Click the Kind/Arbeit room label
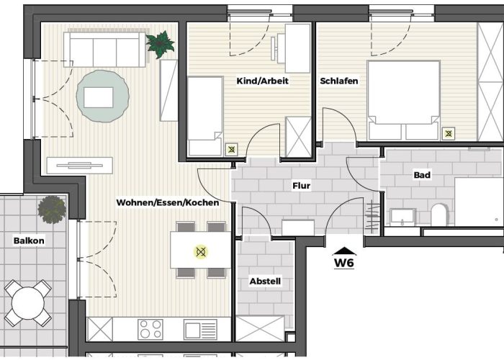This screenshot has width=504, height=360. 262,81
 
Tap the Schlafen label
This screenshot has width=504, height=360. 339,81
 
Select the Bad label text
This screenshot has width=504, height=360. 422,175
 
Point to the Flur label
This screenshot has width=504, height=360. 301,186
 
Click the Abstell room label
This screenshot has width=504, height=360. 265,281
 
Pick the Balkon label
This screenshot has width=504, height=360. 29,240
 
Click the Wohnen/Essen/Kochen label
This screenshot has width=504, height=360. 167,203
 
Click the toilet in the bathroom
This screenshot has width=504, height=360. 438,215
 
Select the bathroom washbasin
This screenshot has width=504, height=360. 402,216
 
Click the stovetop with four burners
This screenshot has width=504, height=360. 151,330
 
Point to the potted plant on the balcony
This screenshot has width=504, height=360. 52,209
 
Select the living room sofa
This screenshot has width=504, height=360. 105,48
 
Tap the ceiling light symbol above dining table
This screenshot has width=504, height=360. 201,252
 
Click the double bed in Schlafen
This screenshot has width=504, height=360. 403,100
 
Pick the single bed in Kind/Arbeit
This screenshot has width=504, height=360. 205,117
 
